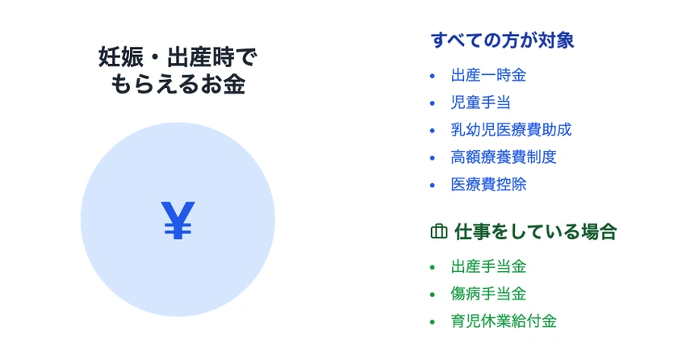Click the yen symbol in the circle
pyautogui.click(x=178, y=220)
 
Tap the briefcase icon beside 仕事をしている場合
pyautogui.click(x=438, y=232)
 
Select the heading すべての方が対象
pyautogui.click(x=502, y=40)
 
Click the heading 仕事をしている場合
pyautogui.click(x=535, y=232)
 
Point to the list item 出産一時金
pyautogui.click(x=488, y=76)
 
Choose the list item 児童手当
pyautogui.click(x=480, y=103)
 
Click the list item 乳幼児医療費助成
pyautogui.click(x=511, y=130)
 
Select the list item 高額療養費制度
pyautogui.click(x=504, y=157)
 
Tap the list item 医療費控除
pyautogui.click(x=488, y=184)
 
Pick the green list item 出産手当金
pyautogui.click(x=488, y=266)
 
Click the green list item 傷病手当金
pyautogui.click(x=488, y=294)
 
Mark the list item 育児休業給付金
pyautogui.click(x=504, y=320)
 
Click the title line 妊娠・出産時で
pyautogui.click(x=178, y=57)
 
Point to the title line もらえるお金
pyautogui.click(x=178, y=85)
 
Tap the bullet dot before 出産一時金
pyautogui.click(x=433, y=76)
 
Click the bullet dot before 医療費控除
pyautogui.click(x=433, y=184)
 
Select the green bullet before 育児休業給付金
pyautogui.click(x=433, y=321)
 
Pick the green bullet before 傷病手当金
pyautogui.click(x=433, y=294)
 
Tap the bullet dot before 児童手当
pyautogui.click(x=433, y=103)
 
